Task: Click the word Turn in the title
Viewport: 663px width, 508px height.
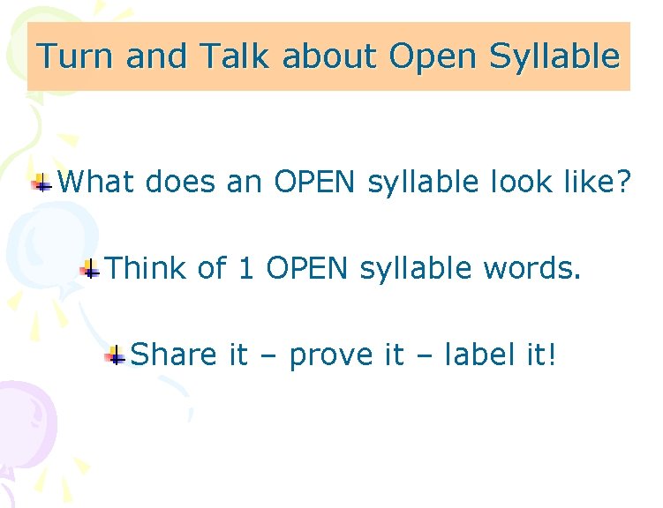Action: point(77,57)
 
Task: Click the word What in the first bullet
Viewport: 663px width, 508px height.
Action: point(96,183)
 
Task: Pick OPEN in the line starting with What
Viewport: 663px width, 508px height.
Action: point(314,183)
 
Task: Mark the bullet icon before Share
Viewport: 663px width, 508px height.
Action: point(115,355)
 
